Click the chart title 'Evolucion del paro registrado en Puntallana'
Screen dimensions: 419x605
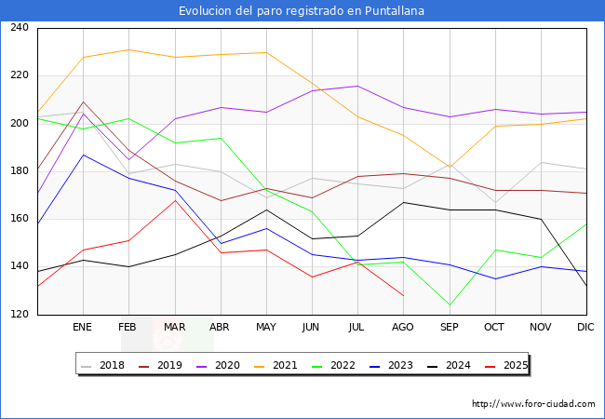point(302,11)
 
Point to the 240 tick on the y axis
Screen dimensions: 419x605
point(19,28)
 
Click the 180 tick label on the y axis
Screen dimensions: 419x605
point(19,171)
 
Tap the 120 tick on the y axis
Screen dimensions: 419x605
point(19,315)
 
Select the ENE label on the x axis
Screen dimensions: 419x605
point(83,328)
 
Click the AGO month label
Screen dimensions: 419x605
point(403,328)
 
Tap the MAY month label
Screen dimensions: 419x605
point(266,328)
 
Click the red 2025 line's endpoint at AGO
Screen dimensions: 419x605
point(403,296)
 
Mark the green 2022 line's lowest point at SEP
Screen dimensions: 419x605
point(449,305)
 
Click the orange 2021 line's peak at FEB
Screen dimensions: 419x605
point(128,49)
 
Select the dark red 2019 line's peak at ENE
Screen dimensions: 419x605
point(83,102)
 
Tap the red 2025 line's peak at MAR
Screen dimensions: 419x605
point(174,200)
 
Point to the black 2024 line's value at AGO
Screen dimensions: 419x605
point(403,202)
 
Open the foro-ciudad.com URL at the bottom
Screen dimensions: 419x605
point(533,404)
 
